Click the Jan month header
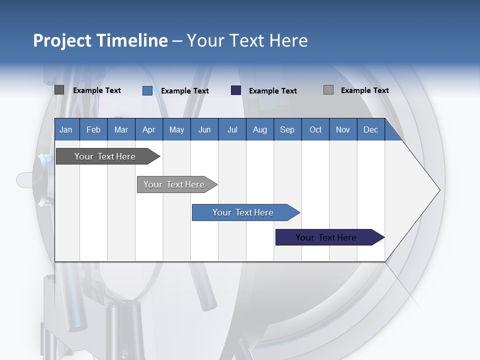coord(66,129)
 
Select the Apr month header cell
coord(149,129)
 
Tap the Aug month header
coord(260,129)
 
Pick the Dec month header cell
coord(370,129)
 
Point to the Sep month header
coord(287,129)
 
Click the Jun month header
coord(204,129)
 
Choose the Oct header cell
coord(315,129)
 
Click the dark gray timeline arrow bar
coord(105,156)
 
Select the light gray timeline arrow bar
coord(174,184)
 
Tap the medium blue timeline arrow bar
coord(243,212)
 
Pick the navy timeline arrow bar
coord(326,237)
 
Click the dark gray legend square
coord(59,90)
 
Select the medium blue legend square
coord(147,90)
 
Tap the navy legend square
coord(236,90)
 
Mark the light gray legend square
coord(328,90)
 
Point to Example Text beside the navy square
coord(273,91)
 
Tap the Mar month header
coord(121,129)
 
